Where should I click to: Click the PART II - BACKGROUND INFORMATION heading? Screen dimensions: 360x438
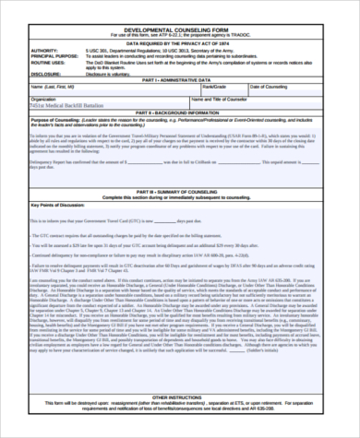click(180, 112)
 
